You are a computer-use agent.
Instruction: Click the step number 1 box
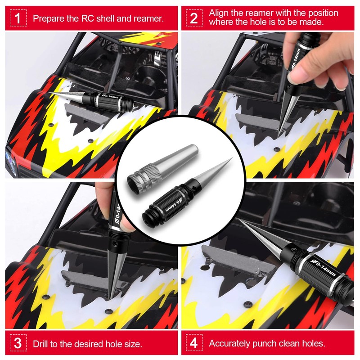(x=18, y=18)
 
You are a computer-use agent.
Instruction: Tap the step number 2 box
(x=194, y=18)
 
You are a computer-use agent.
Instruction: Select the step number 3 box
(x=18, y=343)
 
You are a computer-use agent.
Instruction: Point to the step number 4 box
(x=194, y=343)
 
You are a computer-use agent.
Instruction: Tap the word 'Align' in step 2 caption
(x=219, y=13)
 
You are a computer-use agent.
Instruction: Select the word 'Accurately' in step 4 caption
(x=229, y=343)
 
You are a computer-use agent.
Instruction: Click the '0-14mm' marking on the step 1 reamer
(x=110, y=96)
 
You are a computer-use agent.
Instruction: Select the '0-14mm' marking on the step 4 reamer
(x=323, y=268)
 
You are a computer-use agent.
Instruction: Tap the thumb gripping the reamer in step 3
(x=127, y=222)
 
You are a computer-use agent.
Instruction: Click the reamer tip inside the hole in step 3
(x=111, y=297)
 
